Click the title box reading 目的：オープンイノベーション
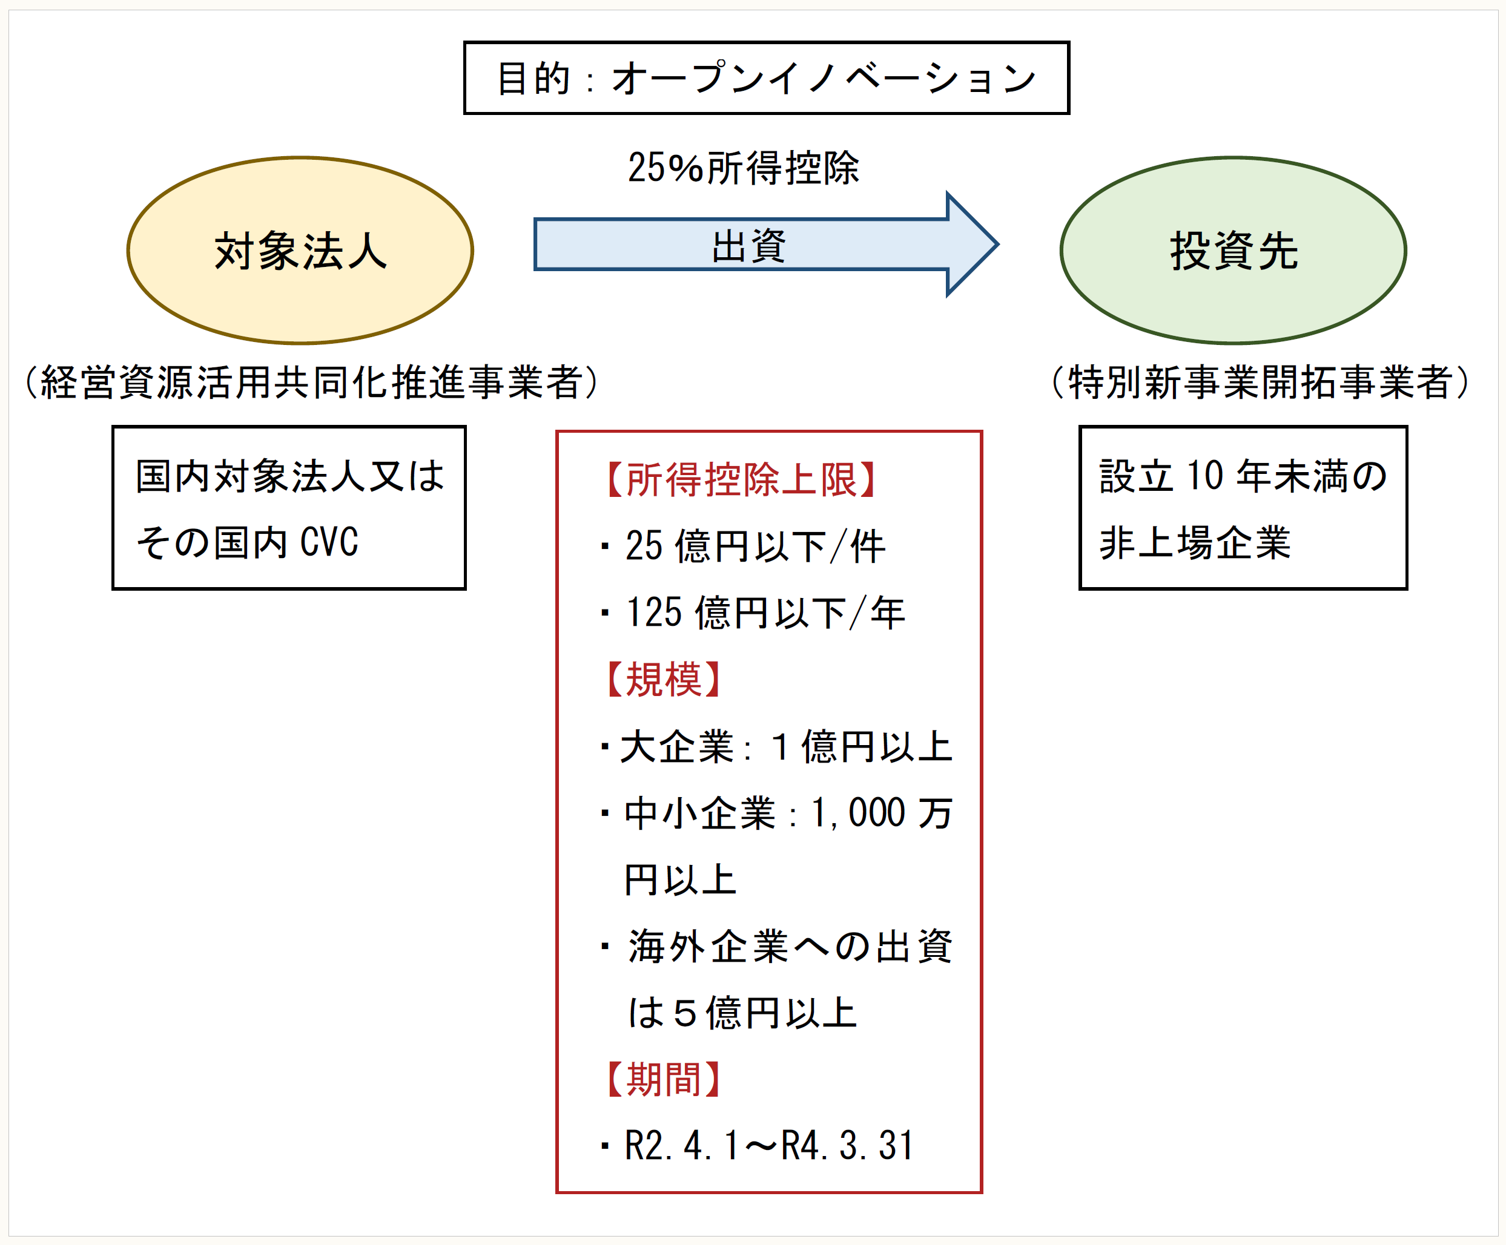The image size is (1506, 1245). (766, 77)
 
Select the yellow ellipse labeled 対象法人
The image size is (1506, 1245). (300, 251)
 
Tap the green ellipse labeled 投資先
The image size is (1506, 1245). (1233, 251)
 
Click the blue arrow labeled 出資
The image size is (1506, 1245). (750, 245)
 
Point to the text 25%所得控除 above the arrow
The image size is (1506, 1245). (743, 168)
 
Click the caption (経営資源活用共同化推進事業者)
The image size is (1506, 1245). (311, 382)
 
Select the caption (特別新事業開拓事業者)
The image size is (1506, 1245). (1260, 382)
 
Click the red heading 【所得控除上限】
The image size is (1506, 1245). (740, 479)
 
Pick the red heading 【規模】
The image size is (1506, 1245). (662, 680)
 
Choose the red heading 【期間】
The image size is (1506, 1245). (662, 1079)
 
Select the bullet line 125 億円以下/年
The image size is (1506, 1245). (764, 613)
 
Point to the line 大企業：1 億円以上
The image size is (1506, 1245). (785, 747)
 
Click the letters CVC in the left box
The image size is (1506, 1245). (329, 542)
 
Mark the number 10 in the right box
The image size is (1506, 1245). (1205, 476)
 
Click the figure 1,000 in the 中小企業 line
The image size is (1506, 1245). (857, 813)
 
